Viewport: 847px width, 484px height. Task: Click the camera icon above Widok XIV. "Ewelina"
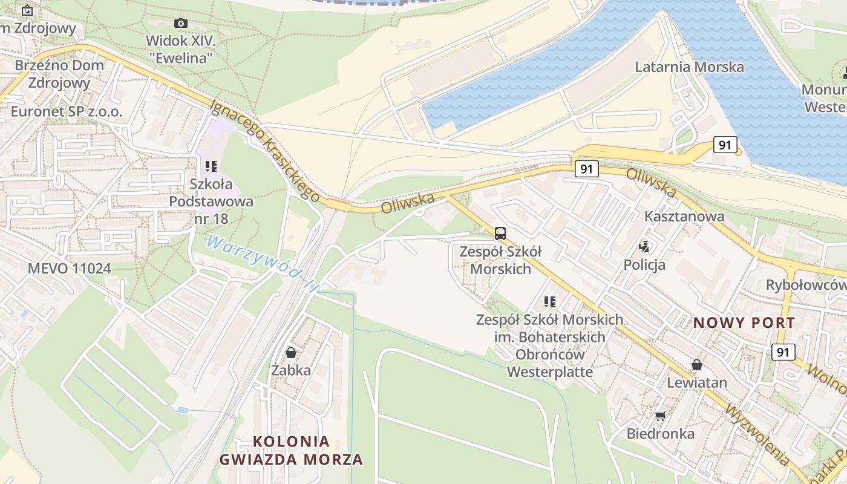[180, 24]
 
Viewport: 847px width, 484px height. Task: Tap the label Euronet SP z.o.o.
[67, 111]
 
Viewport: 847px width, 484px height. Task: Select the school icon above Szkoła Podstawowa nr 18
[211, 166]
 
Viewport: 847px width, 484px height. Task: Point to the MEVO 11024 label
[70, 268]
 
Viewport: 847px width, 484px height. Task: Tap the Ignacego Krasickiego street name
[264, 150]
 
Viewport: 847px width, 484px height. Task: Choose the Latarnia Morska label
[689, 67]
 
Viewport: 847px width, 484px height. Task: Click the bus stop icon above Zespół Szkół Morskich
[500, 233]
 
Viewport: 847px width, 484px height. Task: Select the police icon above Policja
[644, 246]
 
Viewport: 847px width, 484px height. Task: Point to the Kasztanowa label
[684, 216]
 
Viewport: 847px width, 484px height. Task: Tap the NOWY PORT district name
[744, 322]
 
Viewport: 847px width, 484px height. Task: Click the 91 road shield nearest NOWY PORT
[783, 352]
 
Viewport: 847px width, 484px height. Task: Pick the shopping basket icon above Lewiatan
[697, 365]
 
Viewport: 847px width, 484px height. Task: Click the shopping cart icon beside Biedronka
[660, 416]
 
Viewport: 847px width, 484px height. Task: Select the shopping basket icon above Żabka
[291, 352]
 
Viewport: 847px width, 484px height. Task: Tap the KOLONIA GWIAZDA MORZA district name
[291, 450]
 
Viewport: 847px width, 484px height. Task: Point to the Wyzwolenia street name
[756, 435]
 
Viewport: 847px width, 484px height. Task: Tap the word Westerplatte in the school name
[550, 371]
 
